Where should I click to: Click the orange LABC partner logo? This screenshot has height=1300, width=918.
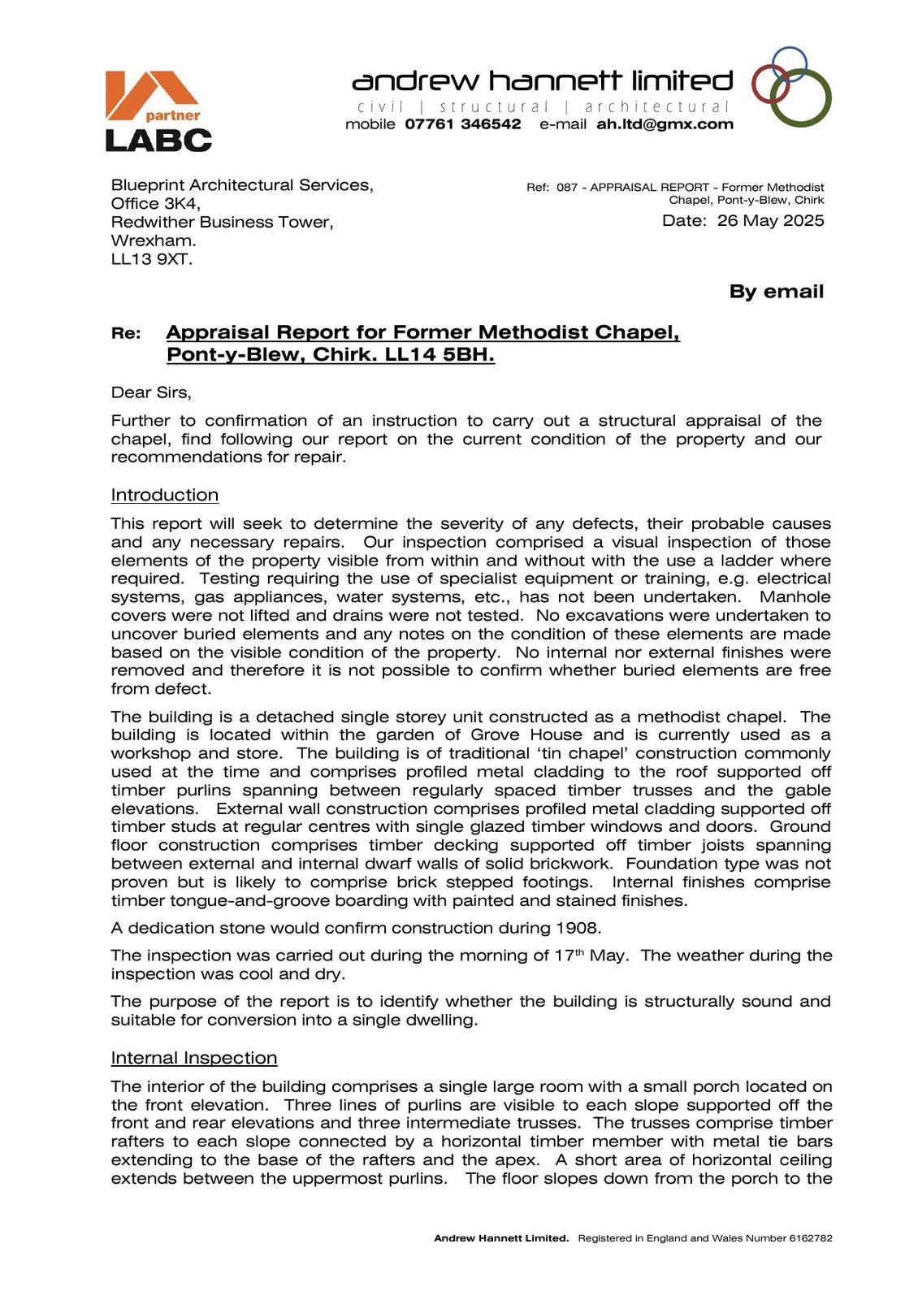(158, 110)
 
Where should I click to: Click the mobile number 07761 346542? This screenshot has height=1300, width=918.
(463, 124)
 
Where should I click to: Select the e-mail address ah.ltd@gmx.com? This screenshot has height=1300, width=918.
(665, 124)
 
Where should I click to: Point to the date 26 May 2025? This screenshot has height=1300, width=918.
(770, 221)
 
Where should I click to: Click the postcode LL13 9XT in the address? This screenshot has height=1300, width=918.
(151, 260)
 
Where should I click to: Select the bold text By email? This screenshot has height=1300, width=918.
(776, 292)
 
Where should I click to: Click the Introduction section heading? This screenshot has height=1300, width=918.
(165, 495)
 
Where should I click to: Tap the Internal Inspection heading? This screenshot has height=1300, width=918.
(194, 1058)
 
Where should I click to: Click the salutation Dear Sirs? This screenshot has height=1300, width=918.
(151, 392)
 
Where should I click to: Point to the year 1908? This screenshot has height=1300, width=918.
(578, 928)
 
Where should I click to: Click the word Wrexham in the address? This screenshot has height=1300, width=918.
(153, 241)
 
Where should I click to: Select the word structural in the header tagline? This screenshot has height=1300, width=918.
(494, 106)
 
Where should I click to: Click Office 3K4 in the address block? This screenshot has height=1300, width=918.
(155, 204)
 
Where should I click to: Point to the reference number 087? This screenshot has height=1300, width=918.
(566, 188)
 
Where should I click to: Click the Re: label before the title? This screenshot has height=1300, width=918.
(126, 333)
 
